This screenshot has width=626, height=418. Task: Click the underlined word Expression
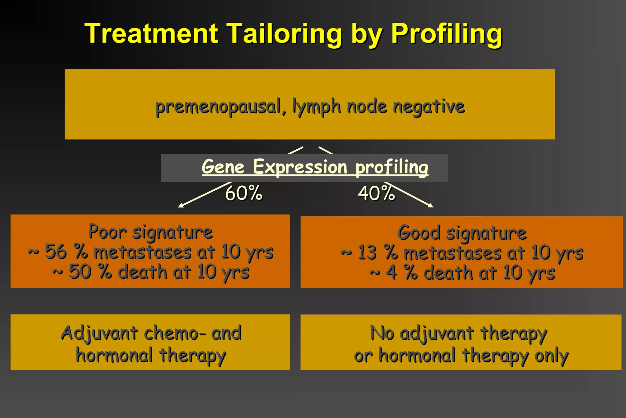point(300,167)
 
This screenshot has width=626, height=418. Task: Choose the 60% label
point(244,193)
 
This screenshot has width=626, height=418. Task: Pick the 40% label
point(376,193)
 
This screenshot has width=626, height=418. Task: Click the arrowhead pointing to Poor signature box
point(180,206)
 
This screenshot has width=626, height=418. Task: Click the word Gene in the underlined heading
point(223,167)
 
